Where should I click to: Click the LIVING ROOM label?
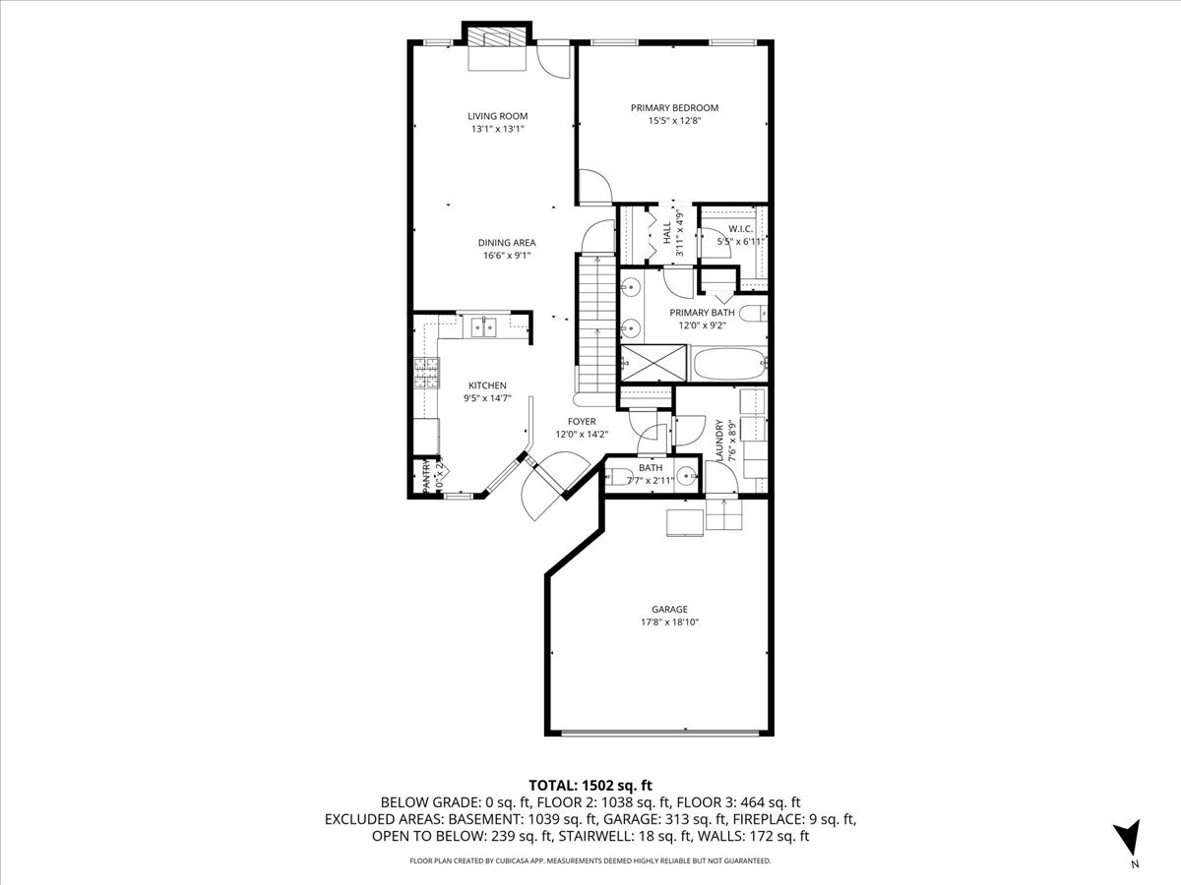click(x=497, y=116)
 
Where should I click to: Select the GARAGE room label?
click(x=669, y=610)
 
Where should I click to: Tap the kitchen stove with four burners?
click(x=426, y=374)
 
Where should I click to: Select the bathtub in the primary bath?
click(x=729, y=366)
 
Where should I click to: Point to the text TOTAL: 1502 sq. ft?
click(x=590, y=785)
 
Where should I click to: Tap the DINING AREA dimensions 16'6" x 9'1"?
click(x=507, y=256)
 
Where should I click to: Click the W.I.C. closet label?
click(x=741, y=228)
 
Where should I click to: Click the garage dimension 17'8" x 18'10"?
click(x=669, y=622)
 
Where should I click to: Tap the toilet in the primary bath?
click(x=752, y=315)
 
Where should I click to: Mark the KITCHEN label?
click(x=487, y=385)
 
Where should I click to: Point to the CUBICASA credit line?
click(x=590, y=860)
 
